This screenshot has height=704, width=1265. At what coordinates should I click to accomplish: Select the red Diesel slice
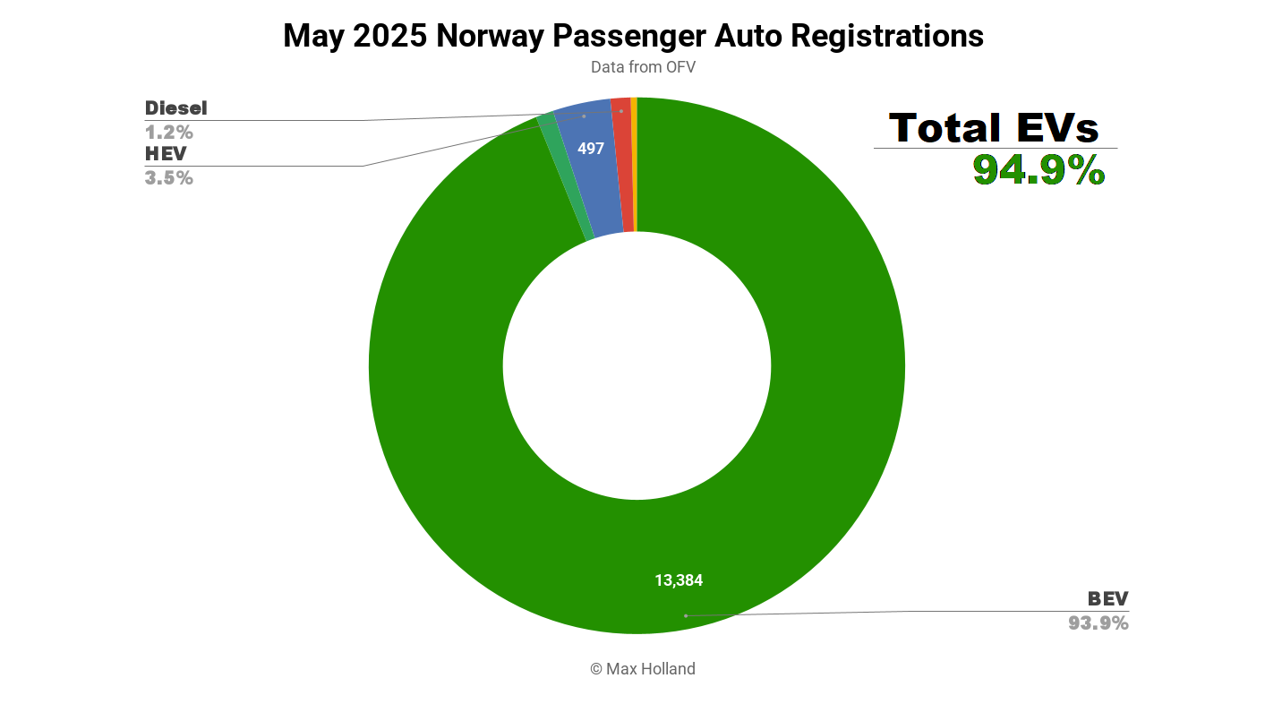[x=624, y=166]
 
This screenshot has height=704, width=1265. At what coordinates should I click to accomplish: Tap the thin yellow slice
[x=634, y=165]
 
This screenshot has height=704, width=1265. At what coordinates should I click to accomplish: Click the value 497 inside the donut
[x=591, y=149]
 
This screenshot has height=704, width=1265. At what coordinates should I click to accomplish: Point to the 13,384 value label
[x=679, y=580]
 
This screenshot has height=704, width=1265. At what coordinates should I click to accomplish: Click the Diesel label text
[x=176, y=108]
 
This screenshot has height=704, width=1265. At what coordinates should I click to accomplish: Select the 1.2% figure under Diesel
[x=169, y=133]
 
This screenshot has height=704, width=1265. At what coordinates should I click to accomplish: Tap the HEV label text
[x=166, y=154]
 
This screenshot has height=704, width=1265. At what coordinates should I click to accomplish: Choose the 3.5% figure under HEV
[x=169, y=177]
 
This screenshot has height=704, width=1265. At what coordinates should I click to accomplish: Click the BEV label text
[x=1108, y=599]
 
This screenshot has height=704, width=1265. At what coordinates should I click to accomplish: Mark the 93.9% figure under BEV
[x=1098, y=622]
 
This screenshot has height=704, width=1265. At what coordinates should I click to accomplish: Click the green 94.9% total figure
[x=1038, y=169]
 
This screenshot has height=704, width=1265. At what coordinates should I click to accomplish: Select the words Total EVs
[x=994, y=128]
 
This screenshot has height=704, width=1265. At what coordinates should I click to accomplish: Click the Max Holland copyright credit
[x=642, y=669]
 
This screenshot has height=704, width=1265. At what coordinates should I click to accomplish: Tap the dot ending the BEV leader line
[x=686, y=615]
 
